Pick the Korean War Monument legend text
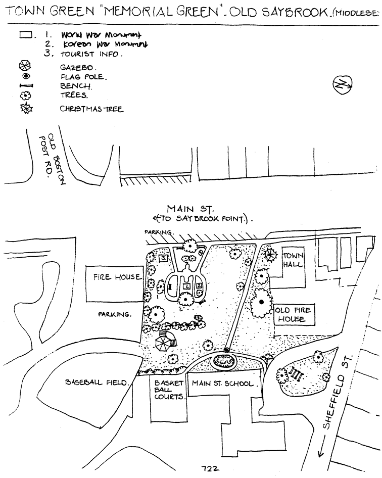(100, 44)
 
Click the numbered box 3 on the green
(163, 258)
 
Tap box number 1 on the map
(187, 286)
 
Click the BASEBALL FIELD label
(97, 383)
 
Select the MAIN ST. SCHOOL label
(221, 384)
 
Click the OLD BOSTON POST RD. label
(48, 158)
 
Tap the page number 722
(208, 468)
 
